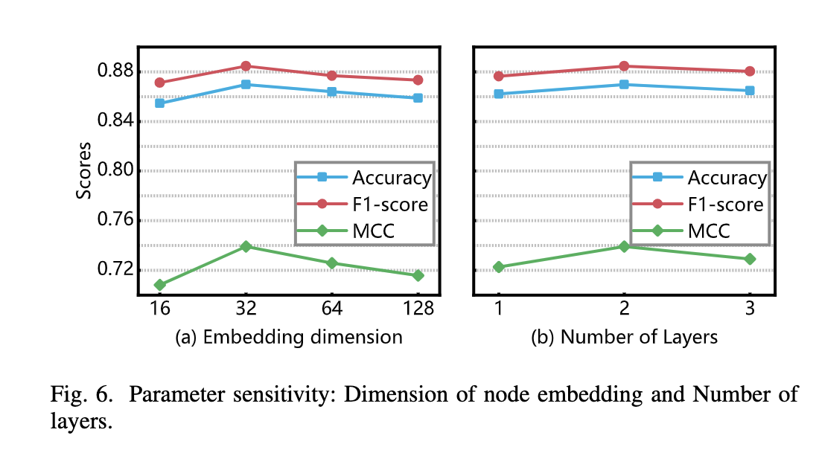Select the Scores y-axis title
(85, 170)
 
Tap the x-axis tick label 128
(418, 307)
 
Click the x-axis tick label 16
(159, 307)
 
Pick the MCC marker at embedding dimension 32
(246, 246)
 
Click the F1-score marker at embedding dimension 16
(159, 83)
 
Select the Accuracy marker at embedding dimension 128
(418, 97)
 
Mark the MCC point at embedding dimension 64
(332, 263)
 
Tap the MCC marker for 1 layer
(499, 267)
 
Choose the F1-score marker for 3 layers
(750, 71)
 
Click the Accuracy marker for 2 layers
(624, 84)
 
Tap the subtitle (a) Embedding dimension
(288, 338)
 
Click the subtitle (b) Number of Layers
(624, 338)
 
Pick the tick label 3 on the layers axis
(750, 307)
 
